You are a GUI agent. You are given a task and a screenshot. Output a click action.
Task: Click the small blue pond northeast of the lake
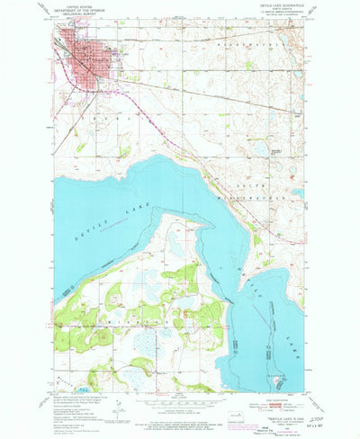[x=260, y=148]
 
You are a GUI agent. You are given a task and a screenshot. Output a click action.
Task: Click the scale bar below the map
[x=180, y=410]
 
